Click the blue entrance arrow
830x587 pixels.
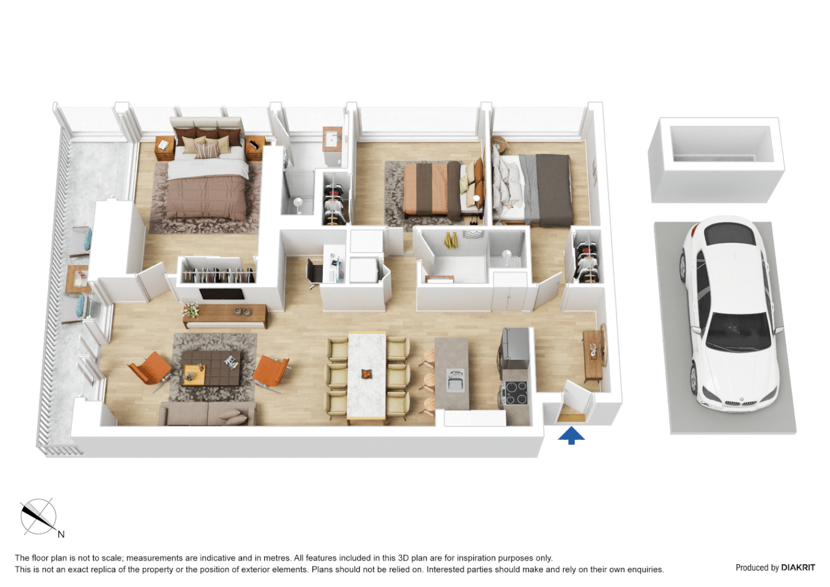[x=571, y=435]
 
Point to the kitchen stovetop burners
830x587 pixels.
[x=514, y=392]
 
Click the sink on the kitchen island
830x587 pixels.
[x=455, y=379]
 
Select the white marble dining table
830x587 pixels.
[x=367, y=375]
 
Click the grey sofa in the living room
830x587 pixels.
[x=207, y=414]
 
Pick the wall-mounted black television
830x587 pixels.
[x=222, y=294]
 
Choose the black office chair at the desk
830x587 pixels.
[x=313, y=272]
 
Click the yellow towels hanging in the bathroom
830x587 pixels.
[x=450, y=240]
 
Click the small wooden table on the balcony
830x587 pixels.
[x=78, y=278]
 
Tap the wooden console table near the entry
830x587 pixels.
[x=593, y=357]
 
